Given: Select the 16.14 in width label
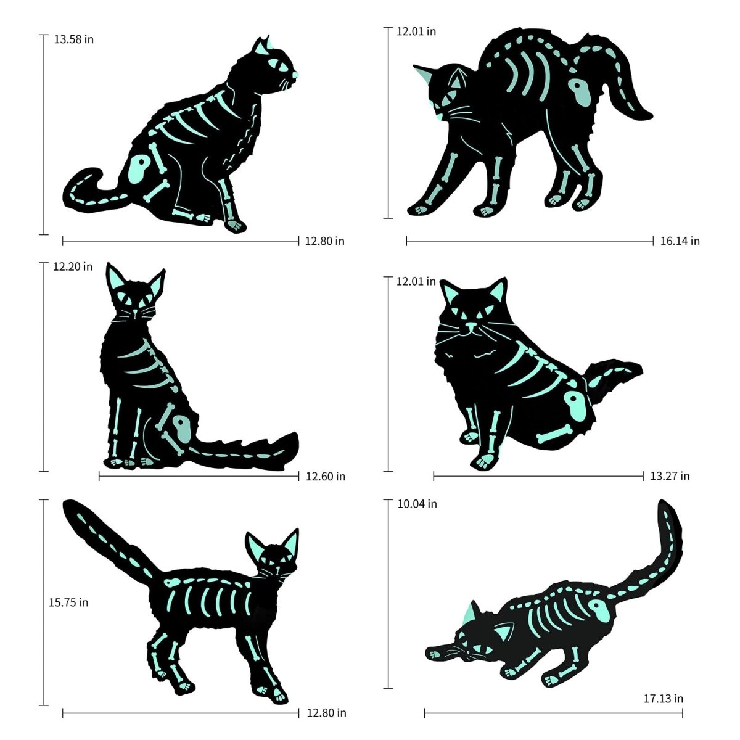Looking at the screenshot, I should click(x=680, y=241).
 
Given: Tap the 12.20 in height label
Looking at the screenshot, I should click(x=73, y=267).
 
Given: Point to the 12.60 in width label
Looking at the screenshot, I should click(x=326, y=476).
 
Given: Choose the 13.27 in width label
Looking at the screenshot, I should click(x=670, y=475).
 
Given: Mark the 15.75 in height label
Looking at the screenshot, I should click(x=68, y=602).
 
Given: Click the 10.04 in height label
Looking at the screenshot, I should click(x=417, y=504).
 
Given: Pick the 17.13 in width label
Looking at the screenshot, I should click(x=663, y=699).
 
